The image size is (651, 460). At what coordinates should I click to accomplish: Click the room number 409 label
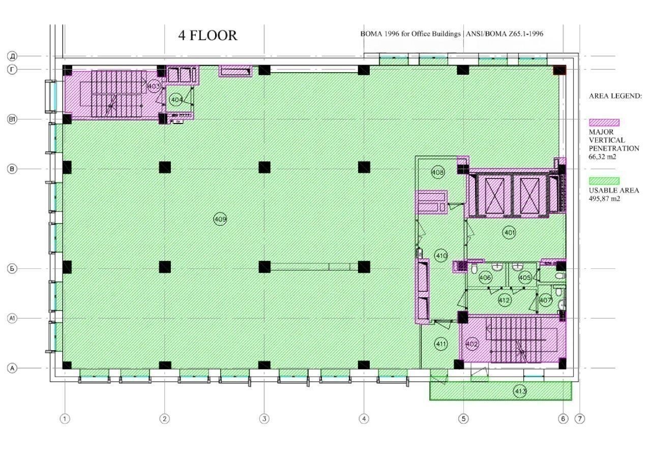tap(220, 219)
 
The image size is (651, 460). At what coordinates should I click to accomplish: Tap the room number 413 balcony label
tap(520, 391)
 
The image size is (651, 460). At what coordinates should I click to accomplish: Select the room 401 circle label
tap(509, 233)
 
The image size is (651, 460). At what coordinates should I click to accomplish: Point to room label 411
tap(441, 344)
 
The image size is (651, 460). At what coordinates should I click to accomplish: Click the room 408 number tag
tap(438, 172)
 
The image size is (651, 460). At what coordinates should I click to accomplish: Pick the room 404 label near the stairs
tap(176, 100)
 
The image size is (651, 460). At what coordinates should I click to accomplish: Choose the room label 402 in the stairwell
tap(471, 345)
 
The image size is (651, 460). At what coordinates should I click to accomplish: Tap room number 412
tap(504, 300)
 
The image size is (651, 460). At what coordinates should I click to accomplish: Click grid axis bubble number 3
tap(264, 419)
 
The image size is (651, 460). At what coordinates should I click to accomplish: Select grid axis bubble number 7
tap(580, 419)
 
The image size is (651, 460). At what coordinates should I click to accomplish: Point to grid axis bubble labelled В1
tap(12, 119)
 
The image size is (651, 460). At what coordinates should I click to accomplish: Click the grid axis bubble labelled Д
tap(12, 56)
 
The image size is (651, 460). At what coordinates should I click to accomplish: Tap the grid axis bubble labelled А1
tap(12, 318)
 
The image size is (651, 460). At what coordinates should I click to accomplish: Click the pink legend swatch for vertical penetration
tap(604, 122)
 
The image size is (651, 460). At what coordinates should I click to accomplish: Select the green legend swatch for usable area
tap(604, 181)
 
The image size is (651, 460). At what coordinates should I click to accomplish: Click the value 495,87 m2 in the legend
tap(605, 199)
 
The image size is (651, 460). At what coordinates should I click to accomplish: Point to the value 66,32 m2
tap(603, 157)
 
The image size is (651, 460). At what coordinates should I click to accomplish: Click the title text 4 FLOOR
tap(208, 36)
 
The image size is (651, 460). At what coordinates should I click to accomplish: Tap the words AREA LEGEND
tap(615, 96)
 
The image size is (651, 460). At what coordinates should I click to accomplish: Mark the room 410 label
tap(441, 256)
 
